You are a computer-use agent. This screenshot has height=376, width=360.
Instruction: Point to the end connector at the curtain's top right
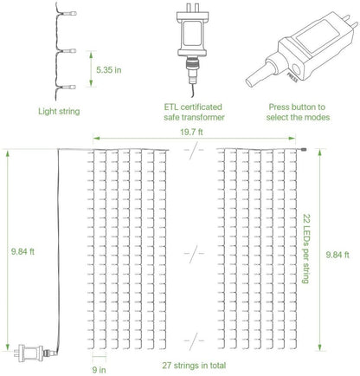(305, 153)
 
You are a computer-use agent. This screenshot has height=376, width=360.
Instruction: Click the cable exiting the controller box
(255, 76)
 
